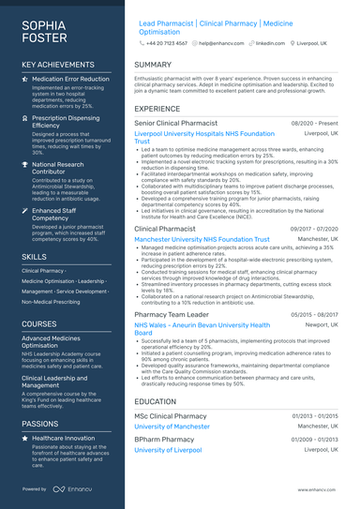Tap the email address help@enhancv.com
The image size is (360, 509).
220,43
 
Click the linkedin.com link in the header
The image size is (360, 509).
270,43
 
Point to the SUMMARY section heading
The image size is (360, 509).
153,65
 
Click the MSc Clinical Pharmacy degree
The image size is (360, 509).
171,415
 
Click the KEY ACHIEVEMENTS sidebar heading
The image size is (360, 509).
58,65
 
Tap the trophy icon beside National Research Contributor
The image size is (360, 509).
26,164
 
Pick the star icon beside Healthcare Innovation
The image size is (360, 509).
26,438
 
